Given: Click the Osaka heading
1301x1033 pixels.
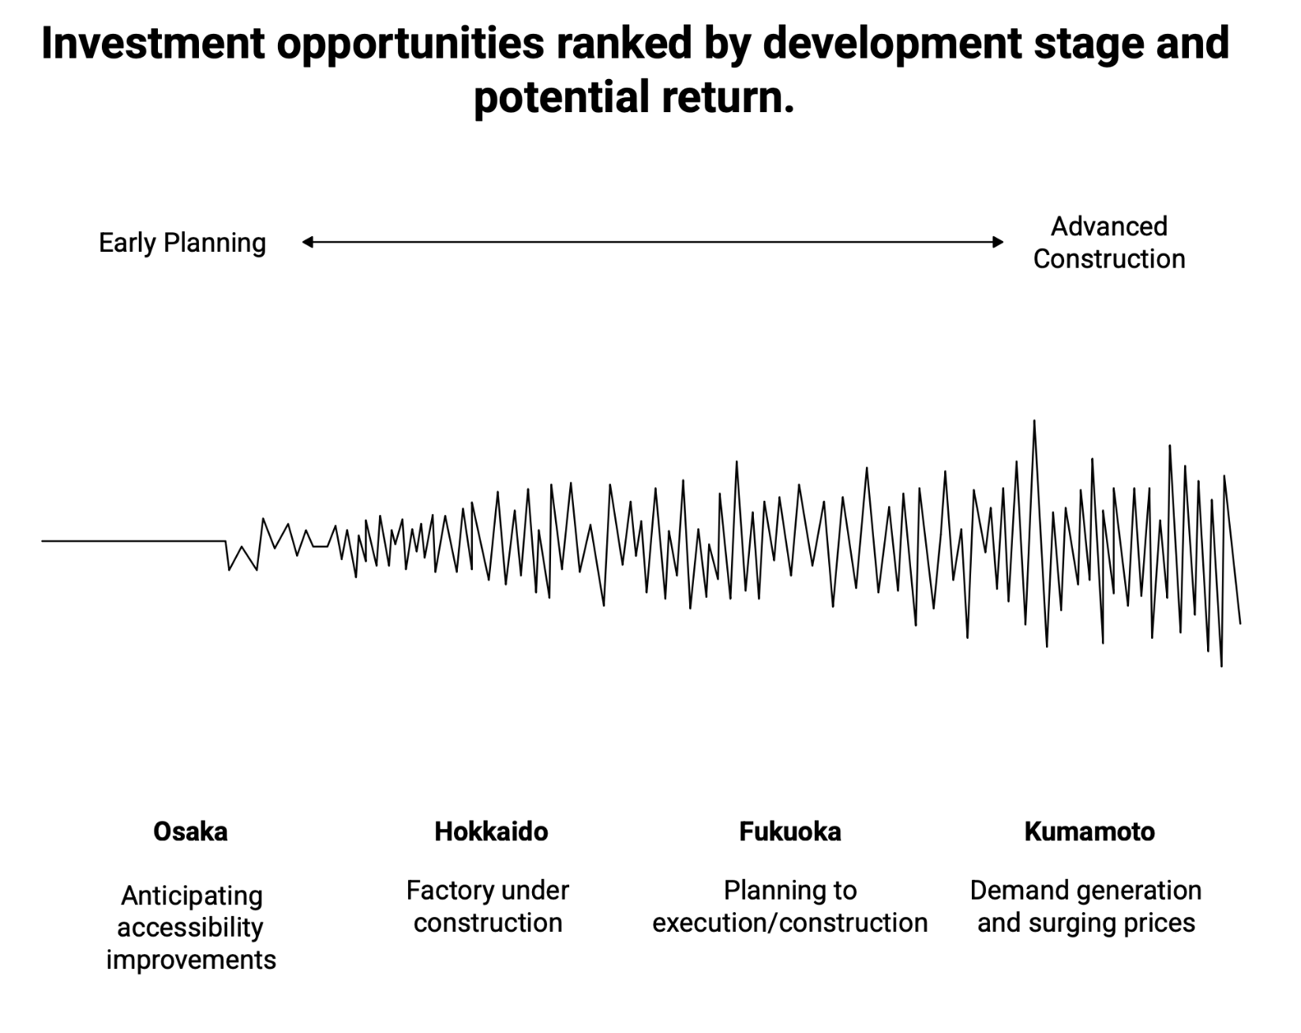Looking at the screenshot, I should click(190, 832).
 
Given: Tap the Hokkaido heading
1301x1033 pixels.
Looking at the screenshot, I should click(491, 832).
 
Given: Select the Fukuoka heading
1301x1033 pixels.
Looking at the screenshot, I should click(790, 832).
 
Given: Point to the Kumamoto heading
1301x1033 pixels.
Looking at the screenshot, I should click(1089, 832).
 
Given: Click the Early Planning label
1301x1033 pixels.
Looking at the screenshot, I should click(182, 242).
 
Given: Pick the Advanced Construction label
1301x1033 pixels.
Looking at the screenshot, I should click(1108, 242).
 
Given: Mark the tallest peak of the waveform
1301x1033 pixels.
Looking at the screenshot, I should click(1034, 422).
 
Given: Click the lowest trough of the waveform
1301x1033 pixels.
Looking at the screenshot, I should click(1221, 666).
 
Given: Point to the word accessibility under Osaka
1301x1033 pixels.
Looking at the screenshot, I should click(190, 928).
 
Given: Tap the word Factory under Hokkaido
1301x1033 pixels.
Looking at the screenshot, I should click(444, 891).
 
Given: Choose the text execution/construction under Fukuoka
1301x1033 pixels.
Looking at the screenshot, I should click(790, 923).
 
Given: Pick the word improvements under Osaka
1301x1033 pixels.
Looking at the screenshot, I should click(191, 960).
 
